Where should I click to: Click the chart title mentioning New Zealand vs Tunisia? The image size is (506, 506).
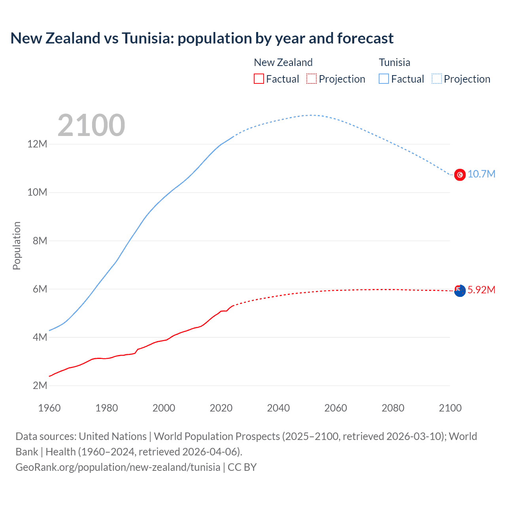[202, 38]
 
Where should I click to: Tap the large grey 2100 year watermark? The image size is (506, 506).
[91, 125]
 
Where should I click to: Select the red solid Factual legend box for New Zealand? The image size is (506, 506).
[259, 79]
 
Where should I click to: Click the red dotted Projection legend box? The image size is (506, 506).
[312, 79]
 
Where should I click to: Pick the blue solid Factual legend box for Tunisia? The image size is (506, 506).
[383, 79]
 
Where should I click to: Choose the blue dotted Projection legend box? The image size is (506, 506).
[436, 79]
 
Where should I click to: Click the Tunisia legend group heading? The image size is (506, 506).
[394, 62]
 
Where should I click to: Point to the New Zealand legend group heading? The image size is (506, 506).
[283, 62]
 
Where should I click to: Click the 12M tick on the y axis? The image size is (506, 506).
[37, 144]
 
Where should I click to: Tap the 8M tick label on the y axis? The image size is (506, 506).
[40, 241]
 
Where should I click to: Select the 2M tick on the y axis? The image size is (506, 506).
[40, 385]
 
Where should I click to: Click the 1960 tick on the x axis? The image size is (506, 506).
[49, 408]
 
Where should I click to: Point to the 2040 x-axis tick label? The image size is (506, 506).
[278, 408]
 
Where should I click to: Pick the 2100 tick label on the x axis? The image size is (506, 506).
[450, 408]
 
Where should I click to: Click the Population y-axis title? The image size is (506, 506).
[17, 245]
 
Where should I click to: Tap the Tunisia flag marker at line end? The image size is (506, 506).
[460, 174]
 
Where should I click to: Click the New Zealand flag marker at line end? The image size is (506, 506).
[460, 291]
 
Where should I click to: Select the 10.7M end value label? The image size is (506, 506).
[481, 174]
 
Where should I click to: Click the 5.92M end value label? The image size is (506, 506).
[481, 290]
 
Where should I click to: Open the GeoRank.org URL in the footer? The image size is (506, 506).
[118, 467]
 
